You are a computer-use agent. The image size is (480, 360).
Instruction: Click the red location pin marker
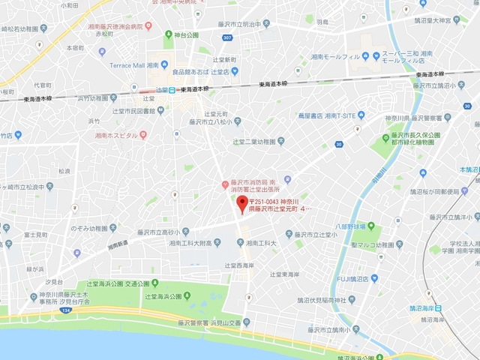(x=241, y=205)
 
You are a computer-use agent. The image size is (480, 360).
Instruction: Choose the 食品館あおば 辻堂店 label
(x=204, y=73)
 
